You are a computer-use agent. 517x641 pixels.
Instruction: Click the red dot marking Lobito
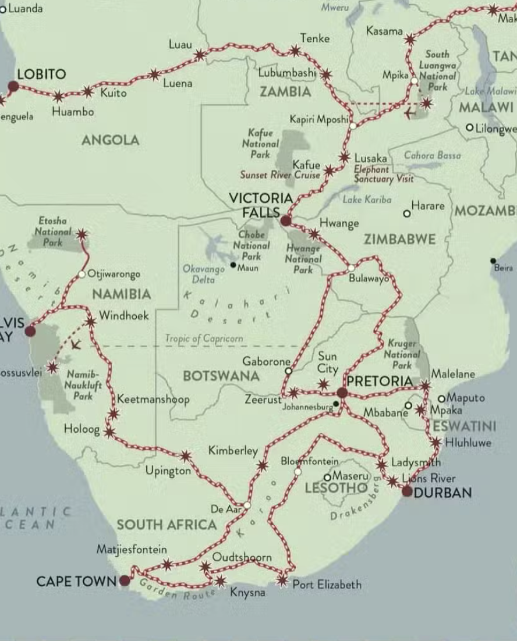tap(13, 87)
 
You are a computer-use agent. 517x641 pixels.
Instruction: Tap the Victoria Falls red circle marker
tap(285, 220)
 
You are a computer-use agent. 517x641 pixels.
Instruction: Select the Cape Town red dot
tap(125, 581)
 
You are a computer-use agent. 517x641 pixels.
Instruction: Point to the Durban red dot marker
tap(407, 492)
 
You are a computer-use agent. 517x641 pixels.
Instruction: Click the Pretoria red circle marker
tap(342, 393)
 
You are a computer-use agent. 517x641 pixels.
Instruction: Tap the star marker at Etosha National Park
tap(82, 234)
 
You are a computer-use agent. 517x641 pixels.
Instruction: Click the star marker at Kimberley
tap(263, 465)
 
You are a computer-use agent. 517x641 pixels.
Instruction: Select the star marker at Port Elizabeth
tap(282, 579)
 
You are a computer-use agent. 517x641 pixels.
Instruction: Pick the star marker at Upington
tap(185, 456)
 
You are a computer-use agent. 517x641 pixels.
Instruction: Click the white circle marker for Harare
tap(407, 213)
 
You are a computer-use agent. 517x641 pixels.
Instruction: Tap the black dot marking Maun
tap(233, 265)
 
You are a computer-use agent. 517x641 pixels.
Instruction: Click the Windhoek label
tap(123, 316)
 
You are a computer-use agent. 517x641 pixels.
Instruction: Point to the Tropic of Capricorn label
tap(204, 338)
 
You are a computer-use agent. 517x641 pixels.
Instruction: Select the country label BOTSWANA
tap(221, 376)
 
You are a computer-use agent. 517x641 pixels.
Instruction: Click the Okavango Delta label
tap(203, 274)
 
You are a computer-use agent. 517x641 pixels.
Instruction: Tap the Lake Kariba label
tap(367, 200)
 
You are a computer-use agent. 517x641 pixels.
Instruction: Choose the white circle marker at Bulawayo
tap(351, 268)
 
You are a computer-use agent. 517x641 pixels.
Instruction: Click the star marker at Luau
tap(199, 55)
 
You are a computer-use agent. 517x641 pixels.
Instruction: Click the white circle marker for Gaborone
tap(288, 370)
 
